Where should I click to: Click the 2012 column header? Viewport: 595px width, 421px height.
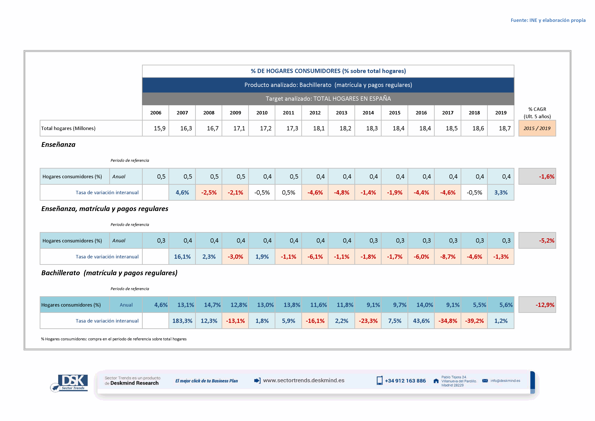tap(315, 113)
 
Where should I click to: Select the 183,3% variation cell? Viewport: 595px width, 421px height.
tap(182, 321)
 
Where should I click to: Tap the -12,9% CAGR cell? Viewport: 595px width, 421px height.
tap(537, 305)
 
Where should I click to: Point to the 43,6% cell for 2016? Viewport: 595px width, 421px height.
tap(421, 321)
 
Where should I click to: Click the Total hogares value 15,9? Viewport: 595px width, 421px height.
tap(159, 128)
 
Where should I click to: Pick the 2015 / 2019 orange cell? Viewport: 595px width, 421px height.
tap(537, 128)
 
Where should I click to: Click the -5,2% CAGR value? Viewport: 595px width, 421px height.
tap(537, 241)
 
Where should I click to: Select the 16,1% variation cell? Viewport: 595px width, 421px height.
tap(182, 257)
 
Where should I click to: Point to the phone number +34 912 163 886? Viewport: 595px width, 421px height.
tap(405, 381)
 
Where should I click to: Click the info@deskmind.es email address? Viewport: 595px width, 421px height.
tap(505, 381)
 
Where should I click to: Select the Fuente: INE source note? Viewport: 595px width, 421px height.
tap(548, 20)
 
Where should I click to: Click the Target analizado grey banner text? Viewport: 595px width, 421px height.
tap(328, 98)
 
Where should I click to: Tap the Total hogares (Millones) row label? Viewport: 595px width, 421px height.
tap(68, 128)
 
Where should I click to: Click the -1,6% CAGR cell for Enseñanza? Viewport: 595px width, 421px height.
tap(537, 177)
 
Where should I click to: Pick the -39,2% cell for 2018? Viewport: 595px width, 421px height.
tap(474, 321)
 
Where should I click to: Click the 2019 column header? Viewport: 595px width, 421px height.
tap(501, 113)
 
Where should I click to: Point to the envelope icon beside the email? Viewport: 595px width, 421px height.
tap(485, 381)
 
